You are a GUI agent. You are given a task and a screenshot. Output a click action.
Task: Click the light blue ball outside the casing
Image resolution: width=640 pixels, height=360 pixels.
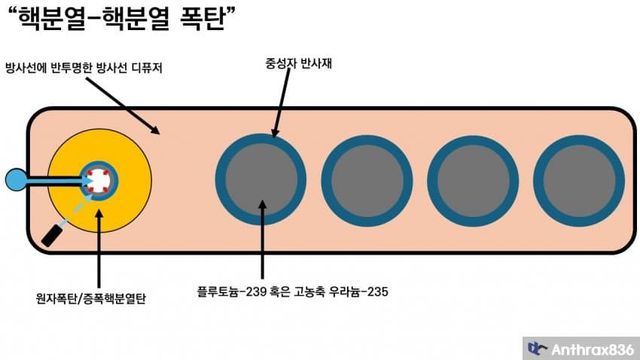click(x=17, y=180)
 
